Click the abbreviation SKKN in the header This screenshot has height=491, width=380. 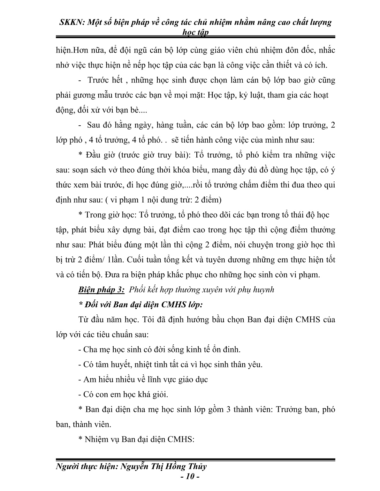point(70,22)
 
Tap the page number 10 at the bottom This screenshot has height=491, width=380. point(190,478)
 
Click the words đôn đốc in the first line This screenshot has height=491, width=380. point(296,50)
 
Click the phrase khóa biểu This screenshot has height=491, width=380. point(191,170)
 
